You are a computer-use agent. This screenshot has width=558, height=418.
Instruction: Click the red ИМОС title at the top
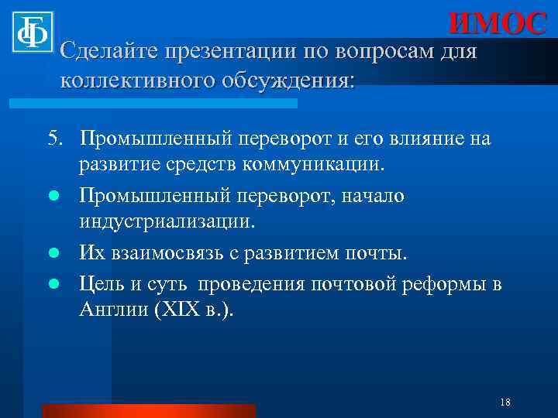pyautogui.click(x=498, y=23)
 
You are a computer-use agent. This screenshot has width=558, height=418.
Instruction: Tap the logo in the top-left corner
pyautogui.click(x=32, y=33)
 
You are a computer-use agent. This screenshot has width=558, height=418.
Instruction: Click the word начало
pyautogui.click(x=371, y=196)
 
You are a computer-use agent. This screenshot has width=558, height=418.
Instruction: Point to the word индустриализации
pyautogui.click(x=166, y=222)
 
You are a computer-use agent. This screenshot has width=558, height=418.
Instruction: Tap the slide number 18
pyautogui.click(x=505, y=403)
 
